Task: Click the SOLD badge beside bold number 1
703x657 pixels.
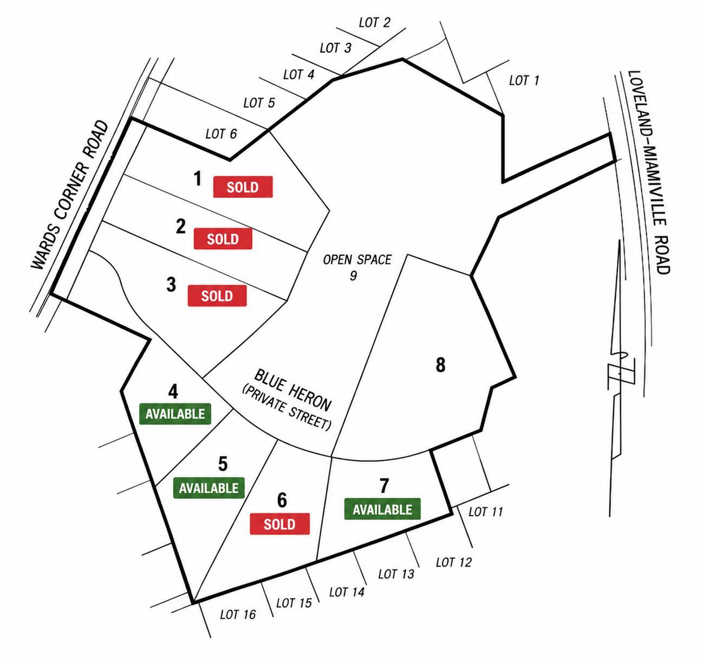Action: click(243, 187)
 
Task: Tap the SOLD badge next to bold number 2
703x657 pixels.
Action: click(223, 239)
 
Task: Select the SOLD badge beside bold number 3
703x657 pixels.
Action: click(217, 295)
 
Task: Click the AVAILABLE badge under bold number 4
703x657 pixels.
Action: click(175, 414)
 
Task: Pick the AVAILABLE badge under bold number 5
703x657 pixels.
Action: click(209, 488)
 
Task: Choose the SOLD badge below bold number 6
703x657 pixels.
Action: click(279, 524)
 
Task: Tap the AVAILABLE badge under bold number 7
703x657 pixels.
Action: click(382, 509)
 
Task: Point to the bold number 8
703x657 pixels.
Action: click(440, 365)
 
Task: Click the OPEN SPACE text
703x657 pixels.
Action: click(357, 260)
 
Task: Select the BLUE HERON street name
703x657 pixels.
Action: click(293, 390)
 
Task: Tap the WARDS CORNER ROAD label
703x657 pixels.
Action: click(70, 195)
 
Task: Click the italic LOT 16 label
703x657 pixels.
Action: click(238, 615)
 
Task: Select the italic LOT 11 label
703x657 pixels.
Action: click(486, 512)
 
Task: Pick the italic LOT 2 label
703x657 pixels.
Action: click(374, 22)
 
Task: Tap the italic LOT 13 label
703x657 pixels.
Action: click(396, 574)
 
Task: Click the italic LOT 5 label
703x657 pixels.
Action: click(259, 103)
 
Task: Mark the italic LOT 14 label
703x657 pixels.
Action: click(347, 592)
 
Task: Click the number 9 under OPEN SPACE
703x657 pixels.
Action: click(353, 275)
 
